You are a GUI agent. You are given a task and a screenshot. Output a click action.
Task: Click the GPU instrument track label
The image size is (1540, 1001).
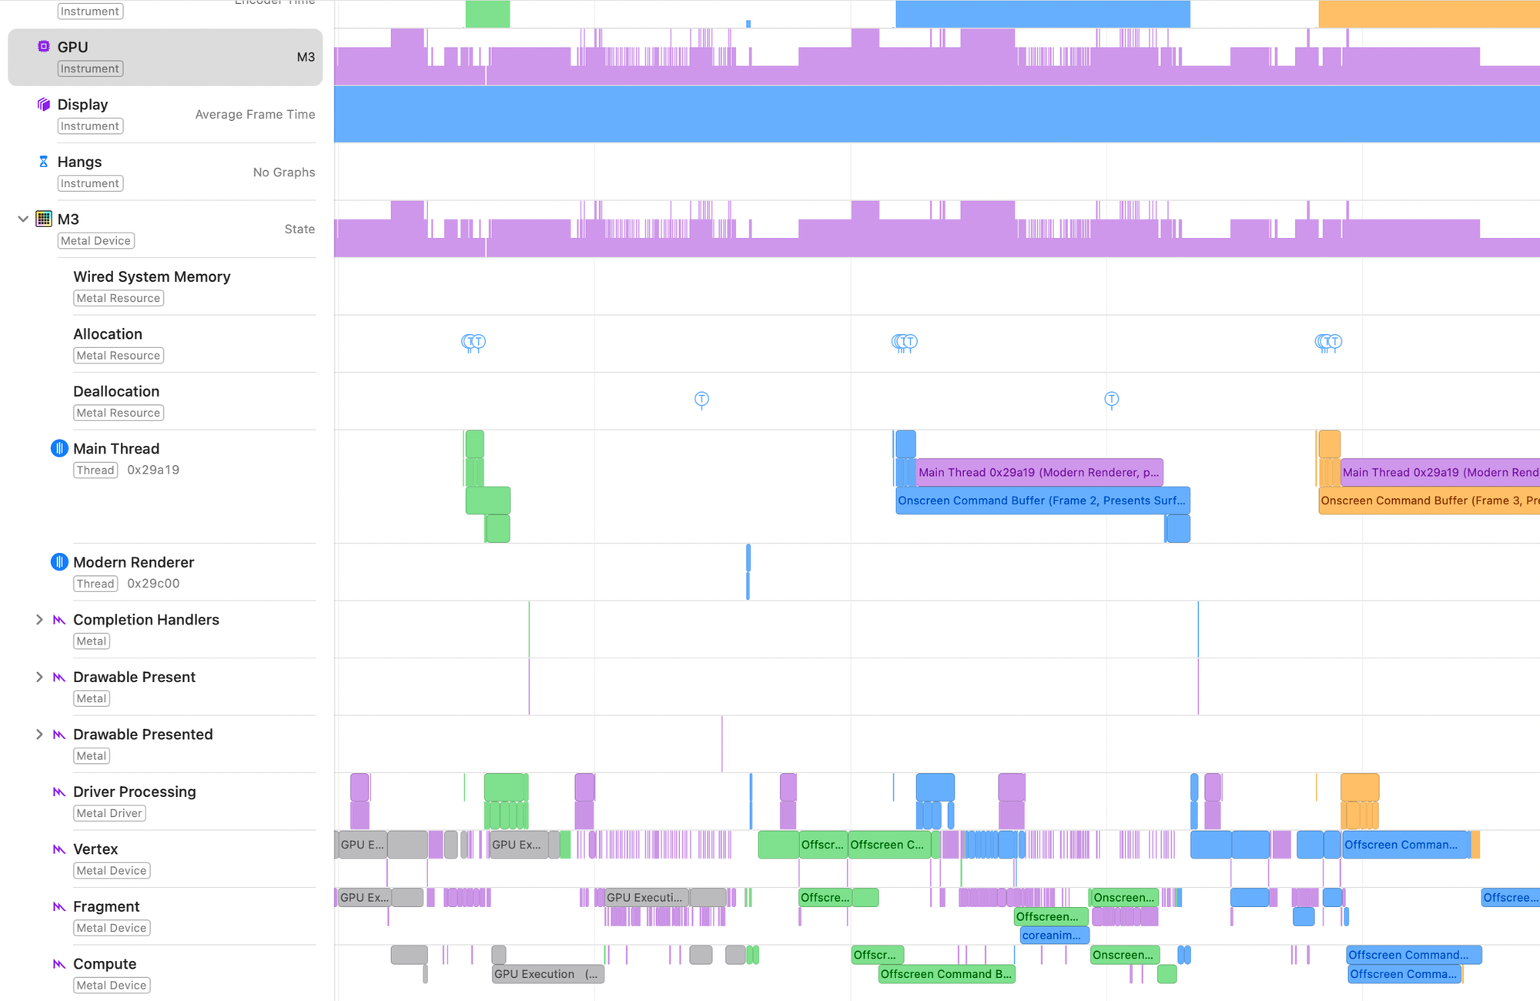72,47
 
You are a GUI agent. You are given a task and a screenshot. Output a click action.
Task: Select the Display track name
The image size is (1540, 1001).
82,105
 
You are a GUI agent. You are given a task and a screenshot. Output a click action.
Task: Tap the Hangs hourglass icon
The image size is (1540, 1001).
43,162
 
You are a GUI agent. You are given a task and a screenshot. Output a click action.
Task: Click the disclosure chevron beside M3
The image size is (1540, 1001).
23,219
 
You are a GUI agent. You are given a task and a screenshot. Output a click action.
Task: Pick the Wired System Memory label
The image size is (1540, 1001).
152,276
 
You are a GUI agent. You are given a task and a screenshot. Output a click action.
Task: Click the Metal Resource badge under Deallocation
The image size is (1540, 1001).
118,413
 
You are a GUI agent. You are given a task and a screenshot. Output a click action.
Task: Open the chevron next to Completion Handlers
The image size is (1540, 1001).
39,620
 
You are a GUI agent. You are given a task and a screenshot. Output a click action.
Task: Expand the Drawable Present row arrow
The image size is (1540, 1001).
39,678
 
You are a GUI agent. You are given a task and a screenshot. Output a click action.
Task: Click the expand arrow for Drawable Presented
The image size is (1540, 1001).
39,735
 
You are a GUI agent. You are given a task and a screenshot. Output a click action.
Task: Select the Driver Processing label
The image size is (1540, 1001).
134,792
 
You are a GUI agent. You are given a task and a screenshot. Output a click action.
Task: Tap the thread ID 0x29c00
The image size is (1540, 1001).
153,584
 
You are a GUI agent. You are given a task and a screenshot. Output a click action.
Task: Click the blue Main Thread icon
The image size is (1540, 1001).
59,449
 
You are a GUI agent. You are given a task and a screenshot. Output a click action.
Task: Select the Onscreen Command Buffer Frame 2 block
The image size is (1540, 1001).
1042,500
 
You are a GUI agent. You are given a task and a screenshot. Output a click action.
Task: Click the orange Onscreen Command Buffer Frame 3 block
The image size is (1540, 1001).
1428,500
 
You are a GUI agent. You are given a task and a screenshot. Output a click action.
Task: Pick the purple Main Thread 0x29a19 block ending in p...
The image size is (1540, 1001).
1039,472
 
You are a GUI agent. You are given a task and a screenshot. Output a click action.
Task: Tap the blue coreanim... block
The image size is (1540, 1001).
1053,936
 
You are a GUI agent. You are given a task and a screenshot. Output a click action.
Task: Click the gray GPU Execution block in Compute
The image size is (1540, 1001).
547,974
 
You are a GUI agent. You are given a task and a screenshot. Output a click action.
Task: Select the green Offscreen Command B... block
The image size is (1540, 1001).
946,974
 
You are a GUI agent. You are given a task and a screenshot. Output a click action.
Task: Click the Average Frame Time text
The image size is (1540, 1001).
255,115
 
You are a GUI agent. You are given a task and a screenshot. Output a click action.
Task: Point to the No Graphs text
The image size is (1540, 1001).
284,172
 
